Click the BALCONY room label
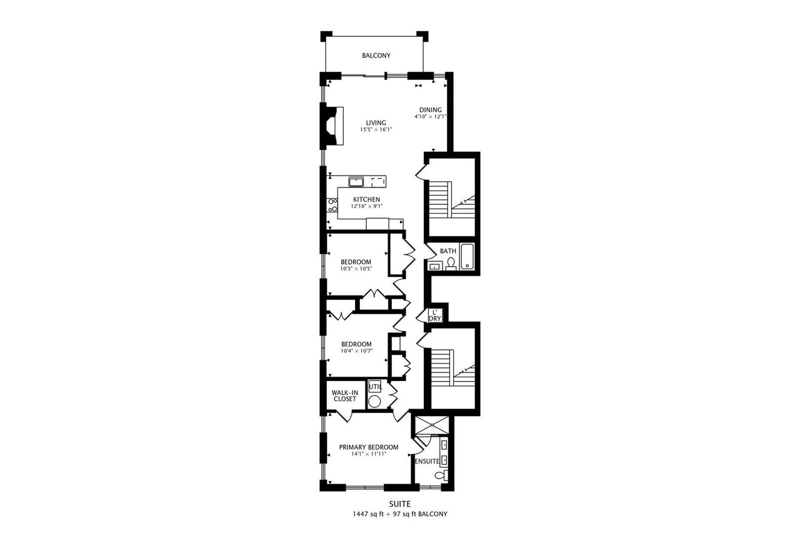376,56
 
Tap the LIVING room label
376,123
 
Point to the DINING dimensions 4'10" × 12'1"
431,117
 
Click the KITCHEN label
366,199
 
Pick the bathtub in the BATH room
467,256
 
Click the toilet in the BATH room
451,264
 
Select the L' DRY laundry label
434,316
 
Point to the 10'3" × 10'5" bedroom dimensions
356,269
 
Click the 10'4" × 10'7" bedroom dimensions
356,351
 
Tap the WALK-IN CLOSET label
344,396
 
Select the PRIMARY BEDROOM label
369,447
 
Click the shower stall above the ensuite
432,425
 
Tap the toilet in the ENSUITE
441,475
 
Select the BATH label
448,251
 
